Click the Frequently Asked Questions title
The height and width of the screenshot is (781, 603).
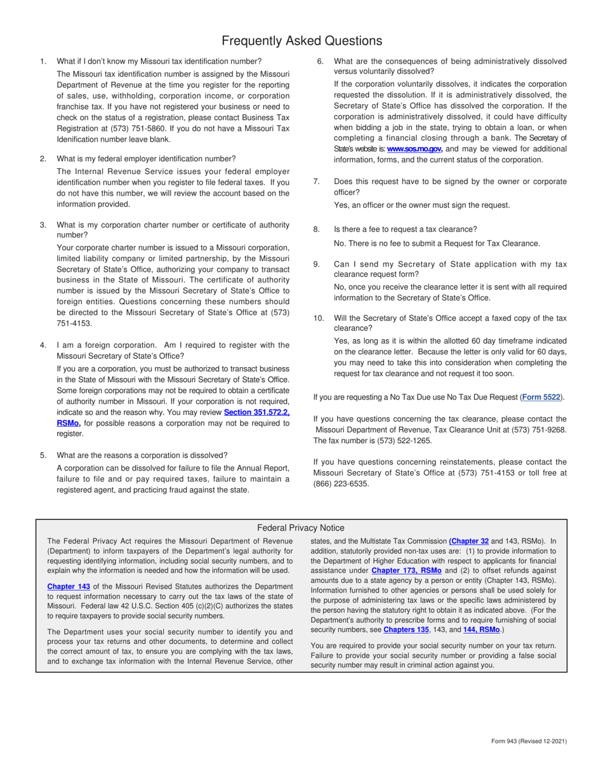301,41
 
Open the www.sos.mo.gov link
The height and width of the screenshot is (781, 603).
414,149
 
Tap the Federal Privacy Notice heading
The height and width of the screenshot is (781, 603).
301,528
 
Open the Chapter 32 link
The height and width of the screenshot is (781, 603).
468,541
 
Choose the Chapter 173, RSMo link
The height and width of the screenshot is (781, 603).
406,570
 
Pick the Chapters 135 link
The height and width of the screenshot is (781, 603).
406,629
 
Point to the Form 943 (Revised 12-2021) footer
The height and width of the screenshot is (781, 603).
529,741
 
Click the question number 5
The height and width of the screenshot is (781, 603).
43,455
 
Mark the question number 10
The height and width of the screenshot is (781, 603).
319,318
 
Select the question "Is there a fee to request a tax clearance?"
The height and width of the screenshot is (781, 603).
405,229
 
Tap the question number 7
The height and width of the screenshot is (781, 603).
317,182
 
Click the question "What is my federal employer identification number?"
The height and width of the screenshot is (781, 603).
146,159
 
